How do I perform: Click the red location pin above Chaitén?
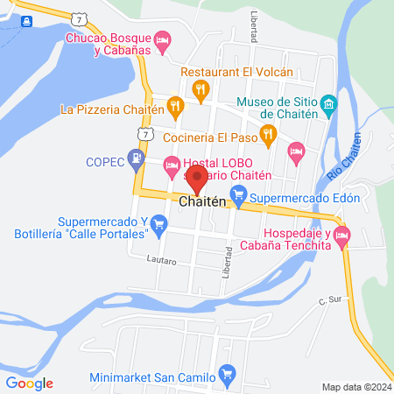[197, 179]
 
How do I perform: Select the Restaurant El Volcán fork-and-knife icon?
[201, 88]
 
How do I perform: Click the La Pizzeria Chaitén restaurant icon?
[175, 109]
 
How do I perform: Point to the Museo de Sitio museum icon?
[328, 106]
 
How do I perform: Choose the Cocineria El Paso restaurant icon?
[268, 134]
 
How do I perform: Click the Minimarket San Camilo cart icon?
[228, 378]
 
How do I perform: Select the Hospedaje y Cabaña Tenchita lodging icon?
[341, 235]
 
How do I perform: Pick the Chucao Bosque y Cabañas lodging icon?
[162, 41]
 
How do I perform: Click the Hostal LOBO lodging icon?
[172, 163]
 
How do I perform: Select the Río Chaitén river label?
[344, 163]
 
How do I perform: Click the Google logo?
[29, 383]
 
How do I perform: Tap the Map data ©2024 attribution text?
[355, 386]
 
